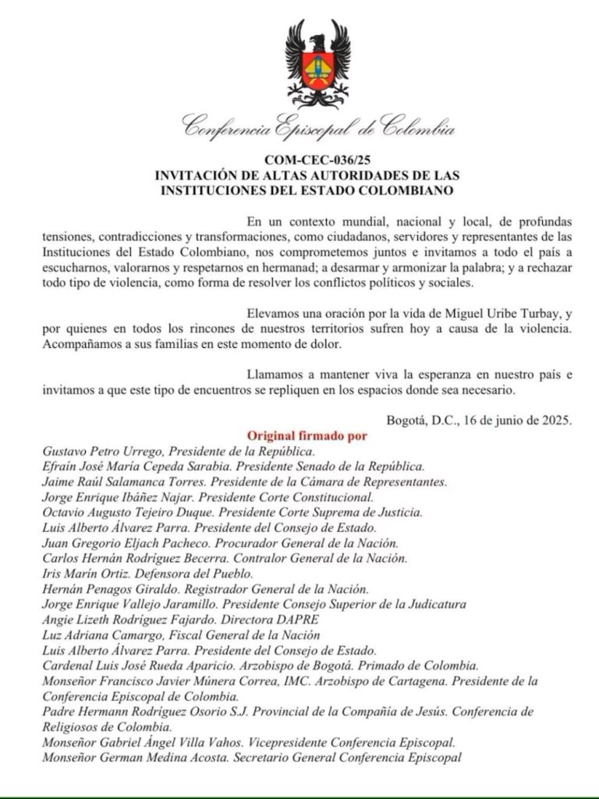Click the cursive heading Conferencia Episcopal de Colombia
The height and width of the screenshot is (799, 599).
[x=317, y=126]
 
